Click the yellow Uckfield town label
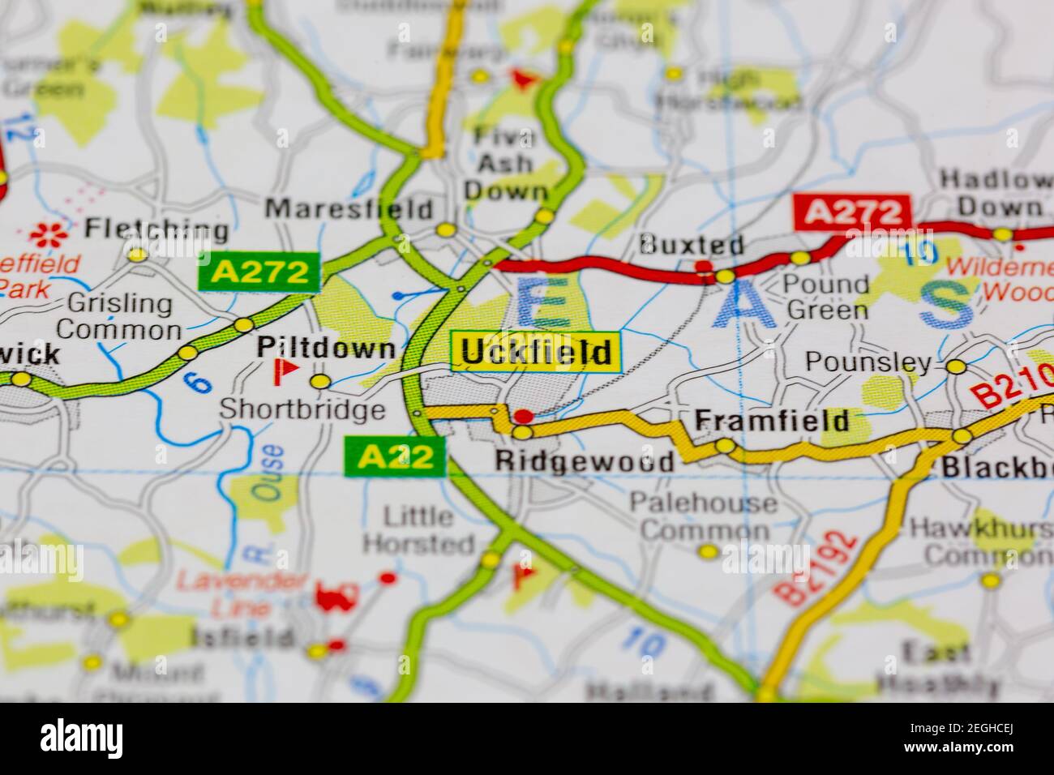coord(536,353)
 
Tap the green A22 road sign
coord(395,457)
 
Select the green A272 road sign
coord(259,272)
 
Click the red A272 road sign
coord(852,212)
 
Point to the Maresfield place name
coord(349,209)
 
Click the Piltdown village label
coord(327,349)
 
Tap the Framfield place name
coord(772,419)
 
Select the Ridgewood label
coord(584,461)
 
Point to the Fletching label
coord(156,229)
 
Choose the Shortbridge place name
coord(302,409)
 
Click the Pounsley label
coord(868,362)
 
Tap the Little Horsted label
coord(429,529)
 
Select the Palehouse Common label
coord(704,517)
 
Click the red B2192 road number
coord(816,567)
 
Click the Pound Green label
coord(828,297)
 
